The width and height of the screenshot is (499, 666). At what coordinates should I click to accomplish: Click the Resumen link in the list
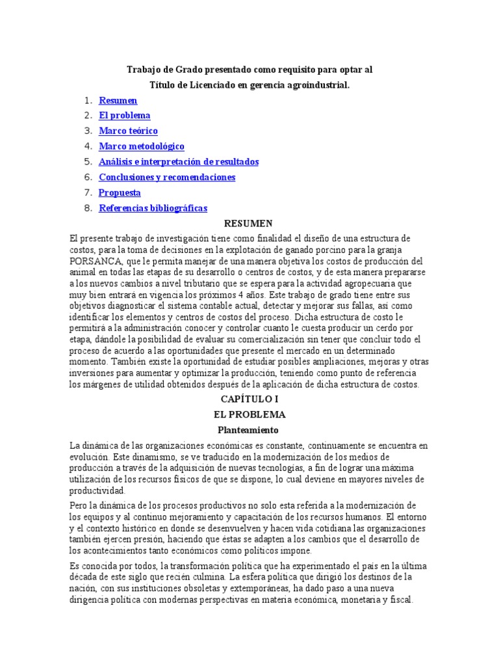coord(118,101)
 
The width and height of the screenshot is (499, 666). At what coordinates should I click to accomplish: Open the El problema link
coord(124,116)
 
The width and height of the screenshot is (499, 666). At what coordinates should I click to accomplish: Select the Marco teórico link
coord(128,131)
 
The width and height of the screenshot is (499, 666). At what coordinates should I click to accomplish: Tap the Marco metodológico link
coord(141,146)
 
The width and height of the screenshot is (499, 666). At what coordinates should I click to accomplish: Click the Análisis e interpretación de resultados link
coord(178,162)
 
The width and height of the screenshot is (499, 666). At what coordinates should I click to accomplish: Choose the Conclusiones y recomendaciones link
coord(166,177)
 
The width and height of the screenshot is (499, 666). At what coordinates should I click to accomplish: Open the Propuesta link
coord(120,193)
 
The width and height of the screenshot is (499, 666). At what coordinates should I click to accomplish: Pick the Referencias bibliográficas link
coord(153,208)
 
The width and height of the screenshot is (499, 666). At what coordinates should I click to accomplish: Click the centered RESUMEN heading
coord(249,224)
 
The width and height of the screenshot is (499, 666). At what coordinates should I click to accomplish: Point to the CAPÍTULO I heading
coord(249,399)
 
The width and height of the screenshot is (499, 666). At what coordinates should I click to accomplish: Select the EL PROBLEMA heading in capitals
coord(249,414)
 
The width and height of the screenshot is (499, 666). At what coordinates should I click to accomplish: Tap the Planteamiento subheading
coord(249,430)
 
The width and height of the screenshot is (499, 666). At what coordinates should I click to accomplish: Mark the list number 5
coord(88,162)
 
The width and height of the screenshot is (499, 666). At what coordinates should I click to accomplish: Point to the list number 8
coord(88,208)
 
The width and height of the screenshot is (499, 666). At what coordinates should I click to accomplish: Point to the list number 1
coord(88,101)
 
